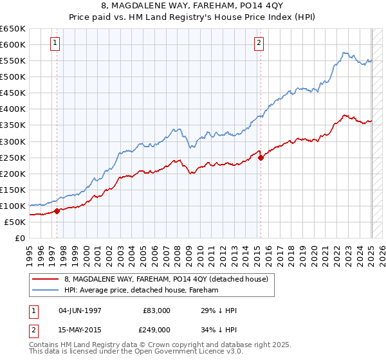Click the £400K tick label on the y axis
click(13, 109)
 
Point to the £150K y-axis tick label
click(13, 190)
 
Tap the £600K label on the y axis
click(13, 44)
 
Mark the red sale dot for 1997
click(57, 211)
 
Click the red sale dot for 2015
click(261, 157)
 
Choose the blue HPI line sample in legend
click(45, 290)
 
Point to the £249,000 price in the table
click(156, 329)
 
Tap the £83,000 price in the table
click(156, 310)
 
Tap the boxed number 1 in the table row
click(33, 310)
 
